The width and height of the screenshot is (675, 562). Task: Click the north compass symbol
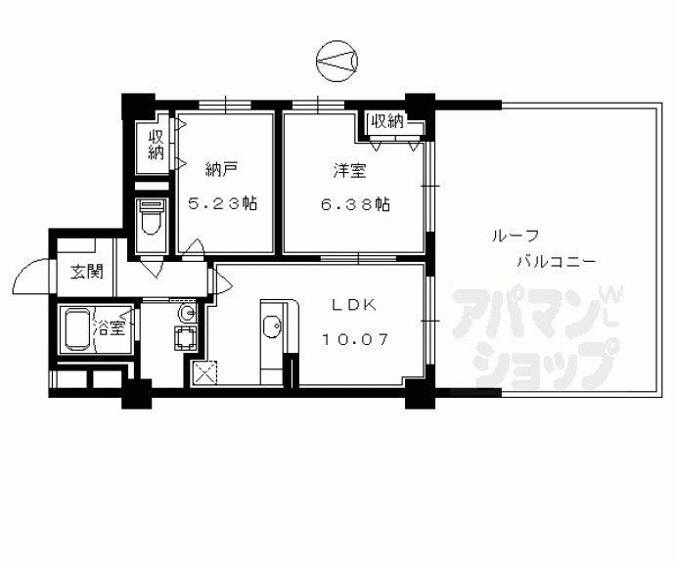click(x=337, y=61)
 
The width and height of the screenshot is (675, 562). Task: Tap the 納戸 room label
click(x=221, y=171)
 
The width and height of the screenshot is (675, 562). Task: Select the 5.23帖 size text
click(x=223, y=203)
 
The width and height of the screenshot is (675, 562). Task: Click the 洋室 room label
click(x=350, y=171)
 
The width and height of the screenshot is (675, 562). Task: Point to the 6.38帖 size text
click(x=355, y=204)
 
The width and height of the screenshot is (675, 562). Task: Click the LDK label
click(x=354, y=305)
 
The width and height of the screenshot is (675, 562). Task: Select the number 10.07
click(x=355, y=340)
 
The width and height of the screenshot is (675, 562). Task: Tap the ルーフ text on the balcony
click(x=516, y=237)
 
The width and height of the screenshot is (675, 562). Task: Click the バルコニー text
click(x=557, y=261)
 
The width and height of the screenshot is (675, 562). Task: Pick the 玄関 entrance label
click(x=87, y=272)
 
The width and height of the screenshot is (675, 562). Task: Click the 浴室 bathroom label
click(x=109, y=328)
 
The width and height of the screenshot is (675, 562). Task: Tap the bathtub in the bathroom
click(x=78, y=328)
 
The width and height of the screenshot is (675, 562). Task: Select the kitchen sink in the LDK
click(x=272, y=327)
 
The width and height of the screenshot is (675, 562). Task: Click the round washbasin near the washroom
click(x=187, y=313)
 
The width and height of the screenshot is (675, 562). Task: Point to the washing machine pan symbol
click(x=186, y=337)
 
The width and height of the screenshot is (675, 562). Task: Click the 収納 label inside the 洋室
click(x=387, y=122)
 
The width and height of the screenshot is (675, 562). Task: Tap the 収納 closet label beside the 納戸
click(x=156, y=146)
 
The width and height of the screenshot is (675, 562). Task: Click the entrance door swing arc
click(x=23, y=271)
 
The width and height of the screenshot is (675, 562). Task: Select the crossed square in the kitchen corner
click(x=204, y=372)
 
